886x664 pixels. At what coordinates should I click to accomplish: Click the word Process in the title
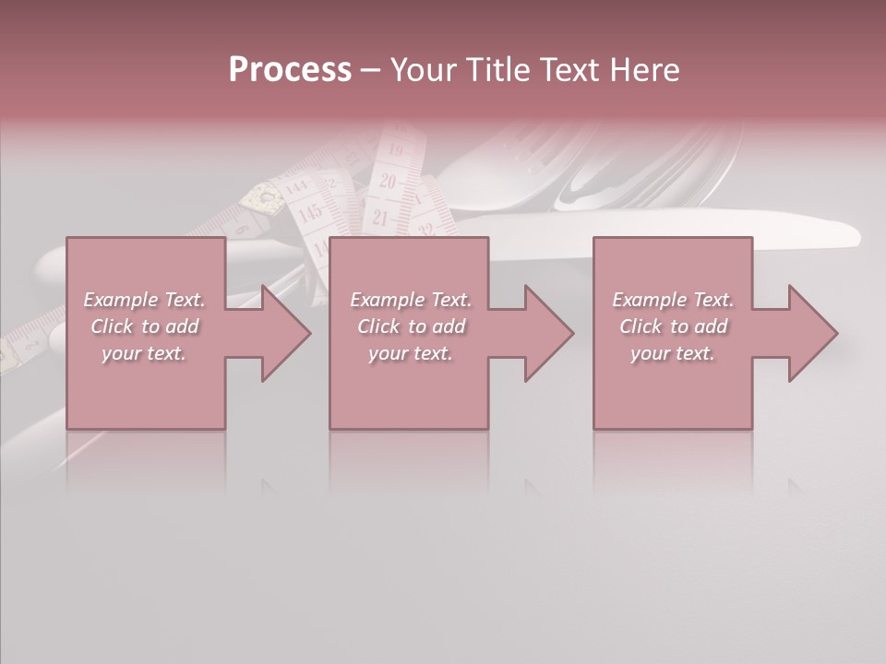click(290, 70)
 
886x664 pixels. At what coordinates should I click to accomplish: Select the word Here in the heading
click(644, 70)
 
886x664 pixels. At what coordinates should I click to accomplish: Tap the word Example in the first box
click(120, 300)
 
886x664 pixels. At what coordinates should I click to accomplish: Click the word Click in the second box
click(378, 326)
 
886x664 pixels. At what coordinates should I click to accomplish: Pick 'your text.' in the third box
click(673, 353)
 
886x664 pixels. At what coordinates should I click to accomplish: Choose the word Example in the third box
click(650, 300)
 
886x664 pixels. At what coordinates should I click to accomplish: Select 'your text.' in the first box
click(144, 353)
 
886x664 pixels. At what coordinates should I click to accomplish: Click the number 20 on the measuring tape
click(388, 182)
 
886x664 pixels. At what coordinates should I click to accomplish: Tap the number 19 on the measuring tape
click(396, 149)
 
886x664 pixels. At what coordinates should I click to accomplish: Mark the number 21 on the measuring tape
click(379, 219)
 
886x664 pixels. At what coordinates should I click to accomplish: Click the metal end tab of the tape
click(263, 198)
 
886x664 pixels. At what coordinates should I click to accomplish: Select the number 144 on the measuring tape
click(296, 187)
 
